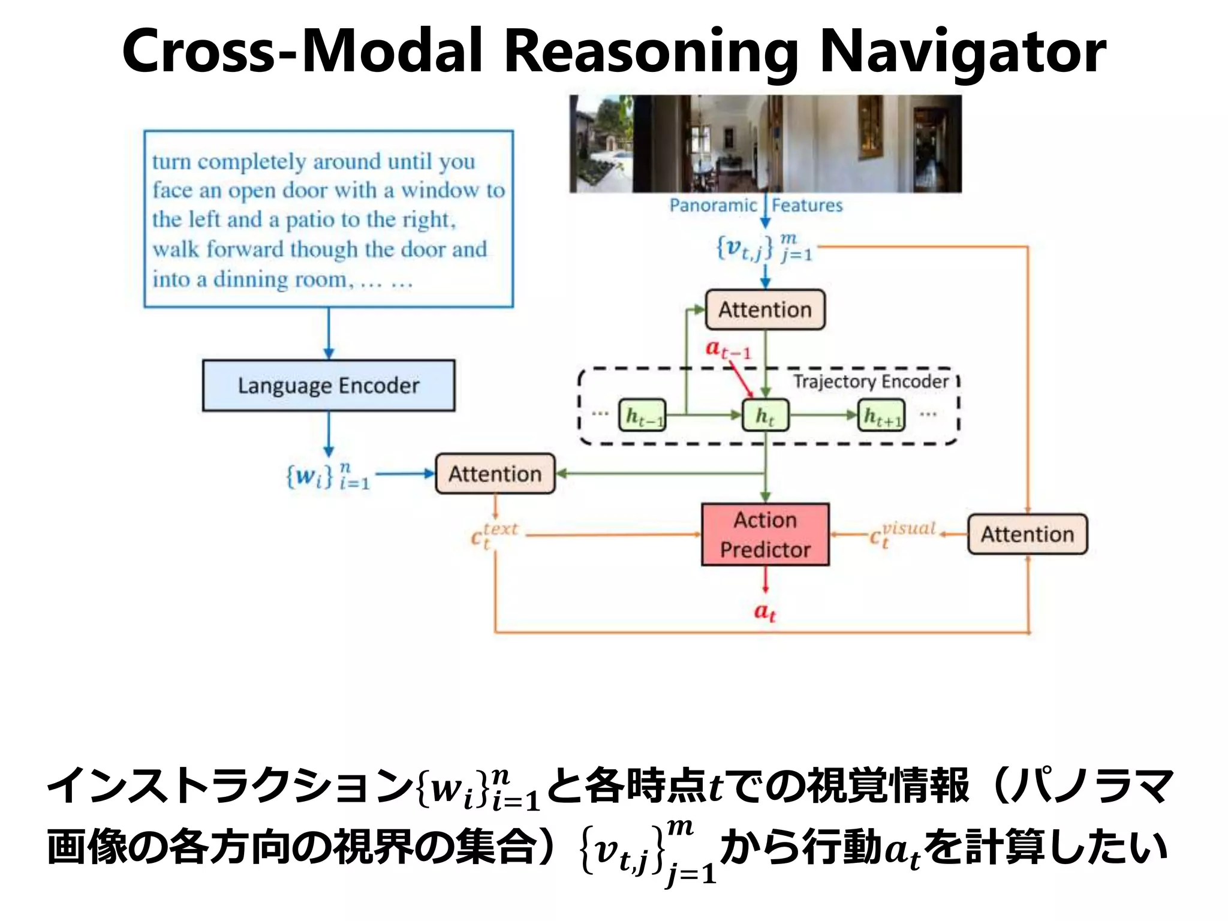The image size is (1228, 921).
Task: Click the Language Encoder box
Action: point(328,386)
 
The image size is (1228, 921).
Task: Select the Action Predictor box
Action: point(765,534)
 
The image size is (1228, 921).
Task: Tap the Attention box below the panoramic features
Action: point(765,309)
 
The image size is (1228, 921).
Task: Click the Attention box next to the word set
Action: point(495,474)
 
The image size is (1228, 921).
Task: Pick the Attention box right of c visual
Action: point(1027,534)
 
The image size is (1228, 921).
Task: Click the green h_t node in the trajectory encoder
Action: point(765,415)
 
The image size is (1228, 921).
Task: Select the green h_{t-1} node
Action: point(642,415)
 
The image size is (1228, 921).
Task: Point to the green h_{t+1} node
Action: point(882,416)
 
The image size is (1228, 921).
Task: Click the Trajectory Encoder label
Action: point(871,381)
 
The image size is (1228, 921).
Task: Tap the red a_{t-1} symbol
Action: point(727,348)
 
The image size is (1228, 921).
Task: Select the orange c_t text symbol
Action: point(493,535)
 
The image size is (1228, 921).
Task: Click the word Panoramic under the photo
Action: point(713,206)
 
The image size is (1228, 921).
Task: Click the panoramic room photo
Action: point(765,144)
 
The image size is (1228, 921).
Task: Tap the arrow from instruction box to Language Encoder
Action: point(329,333)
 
